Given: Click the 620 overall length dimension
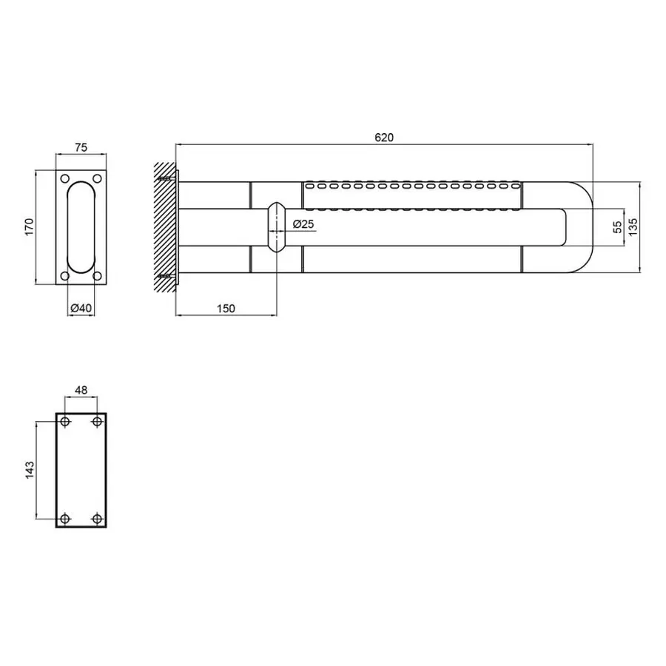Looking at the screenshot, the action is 384,138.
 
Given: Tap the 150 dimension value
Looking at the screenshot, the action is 226,309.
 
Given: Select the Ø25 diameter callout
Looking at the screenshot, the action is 303,223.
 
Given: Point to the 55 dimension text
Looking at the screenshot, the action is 618,227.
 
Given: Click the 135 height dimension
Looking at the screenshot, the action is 633,227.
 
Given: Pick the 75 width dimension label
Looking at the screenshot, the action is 81,147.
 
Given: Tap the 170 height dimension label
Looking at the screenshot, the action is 29,227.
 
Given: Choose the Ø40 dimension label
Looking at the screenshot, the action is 81,308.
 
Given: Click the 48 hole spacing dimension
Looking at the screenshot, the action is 81,390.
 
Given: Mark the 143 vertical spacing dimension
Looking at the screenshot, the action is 30,470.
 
